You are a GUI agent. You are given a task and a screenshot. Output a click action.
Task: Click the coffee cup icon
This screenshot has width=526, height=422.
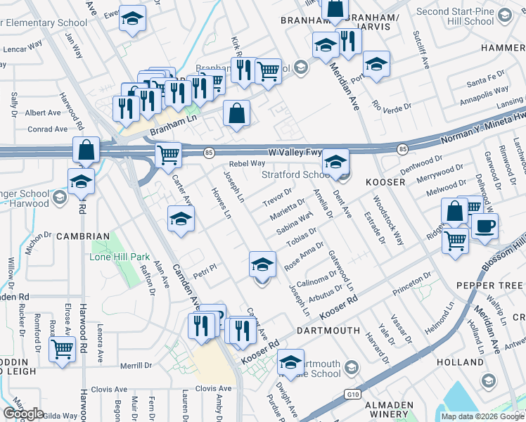(485, 227)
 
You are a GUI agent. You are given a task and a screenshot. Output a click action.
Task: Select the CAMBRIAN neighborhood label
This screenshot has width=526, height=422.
(83, 236)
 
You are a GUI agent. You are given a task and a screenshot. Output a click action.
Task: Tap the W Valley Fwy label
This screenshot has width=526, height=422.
(295, 152)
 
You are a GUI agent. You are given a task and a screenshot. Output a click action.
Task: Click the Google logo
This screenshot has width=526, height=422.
(23, 414)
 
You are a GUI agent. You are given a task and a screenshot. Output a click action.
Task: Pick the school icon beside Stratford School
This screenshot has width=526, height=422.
(336, 162)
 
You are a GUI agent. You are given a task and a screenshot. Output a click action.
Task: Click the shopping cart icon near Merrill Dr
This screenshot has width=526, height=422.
(63, 348)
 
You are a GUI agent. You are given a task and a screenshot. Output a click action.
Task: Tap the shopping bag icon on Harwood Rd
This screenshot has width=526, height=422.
(86, 151)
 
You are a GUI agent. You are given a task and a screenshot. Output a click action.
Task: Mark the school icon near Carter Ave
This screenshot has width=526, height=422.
(181, 219)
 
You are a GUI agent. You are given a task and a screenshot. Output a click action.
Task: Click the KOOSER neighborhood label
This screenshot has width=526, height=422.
(385, 181)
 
